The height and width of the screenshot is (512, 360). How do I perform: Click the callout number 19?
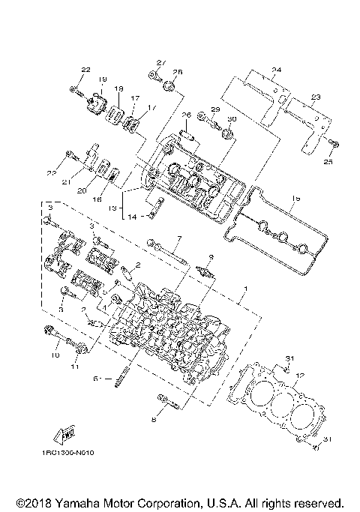tap(102, 79)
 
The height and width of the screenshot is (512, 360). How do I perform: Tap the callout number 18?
tap(118, 89)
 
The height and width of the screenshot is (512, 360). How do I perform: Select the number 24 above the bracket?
tap(276, 70)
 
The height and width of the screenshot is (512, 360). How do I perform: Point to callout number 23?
tap(316, 97)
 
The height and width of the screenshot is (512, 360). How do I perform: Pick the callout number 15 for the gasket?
tap(295, 198)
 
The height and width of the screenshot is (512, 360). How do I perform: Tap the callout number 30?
tap(231, 120)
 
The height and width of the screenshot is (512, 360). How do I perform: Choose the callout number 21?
tap(65, 181)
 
